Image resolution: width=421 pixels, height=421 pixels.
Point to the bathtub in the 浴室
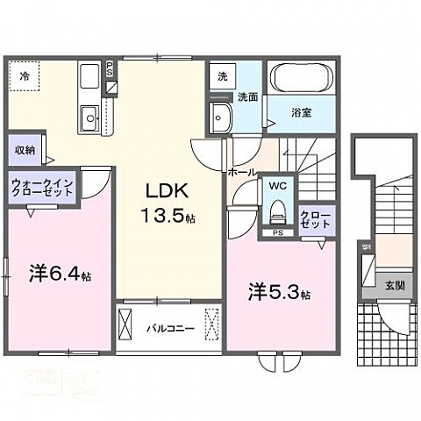click(x=302, y=78)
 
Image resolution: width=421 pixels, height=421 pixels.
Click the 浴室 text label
click(x=302, y=111)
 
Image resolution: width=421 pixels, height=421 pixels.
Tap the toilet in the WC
click(x=277, y=211)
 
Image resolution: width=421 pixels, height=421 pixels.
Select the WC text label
click(x=277, y=186)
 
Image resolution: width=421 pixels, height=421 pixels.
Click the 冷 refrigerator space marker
click(x=24, y=75)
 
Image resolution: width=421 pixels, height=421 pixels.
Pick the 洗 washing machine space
click(x=222, y=76)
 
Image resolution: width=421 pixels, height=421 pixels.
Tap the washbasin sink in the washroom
click(x=218, y=115)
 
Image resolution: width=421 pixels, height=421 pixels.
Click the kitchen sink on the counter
click(x=89, y=117)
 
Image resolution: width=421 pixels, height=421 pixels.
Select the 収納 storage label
click(x=24, y=149)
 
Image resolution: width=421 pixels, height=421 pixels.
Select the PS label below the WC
click(x=277, y=233)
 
